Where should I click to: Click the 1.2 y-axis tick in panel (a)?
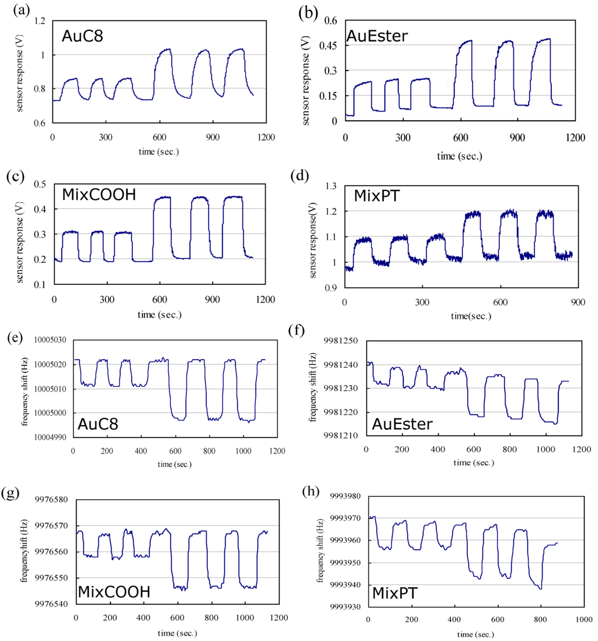pyautogui.click(x=40, y=22)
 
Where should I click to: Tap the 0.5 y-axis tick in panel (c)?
pyautogui.click(x=40, y=184)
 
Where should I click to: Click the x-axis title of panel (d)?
pyautogui.click(x=470, y=315)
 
